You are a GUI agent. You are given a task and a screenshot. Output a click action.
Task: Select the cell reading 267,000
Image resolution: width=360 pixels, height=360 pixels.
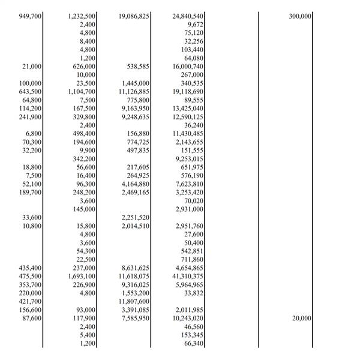tap(193, 74)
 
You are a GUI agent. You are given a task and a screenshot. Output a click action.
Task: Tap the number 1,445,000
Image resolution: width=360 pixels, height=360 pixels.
tap(135, 83)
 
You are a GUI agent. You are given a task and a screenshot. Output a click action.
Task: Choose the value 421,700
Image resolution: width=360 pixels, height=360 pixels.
tap(31, 301)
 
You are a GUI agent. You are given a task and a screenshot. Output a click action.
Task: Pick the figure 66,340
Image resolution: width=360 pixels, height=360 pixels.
tap(194, 343)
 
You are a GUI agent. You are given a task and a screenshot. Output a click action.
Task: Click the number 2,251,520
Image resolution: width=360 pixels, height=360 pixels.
tap(135, 217)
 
